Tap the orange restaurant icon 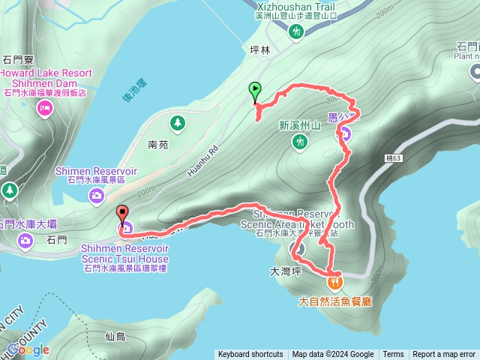click(x=334, y=283)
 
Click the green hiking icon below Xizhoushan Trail click(x=296, y=31)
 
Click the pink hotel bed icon click(x=44, y=109)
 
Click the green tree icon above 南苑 click(x=177, y=121)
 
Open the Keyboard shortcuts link click(x=250, y=355)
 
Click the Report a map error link click(x=444, y=355)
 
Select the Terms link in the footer click(x=393, y=355)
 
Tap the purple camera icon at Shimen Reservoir click(x=97, y=196)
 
